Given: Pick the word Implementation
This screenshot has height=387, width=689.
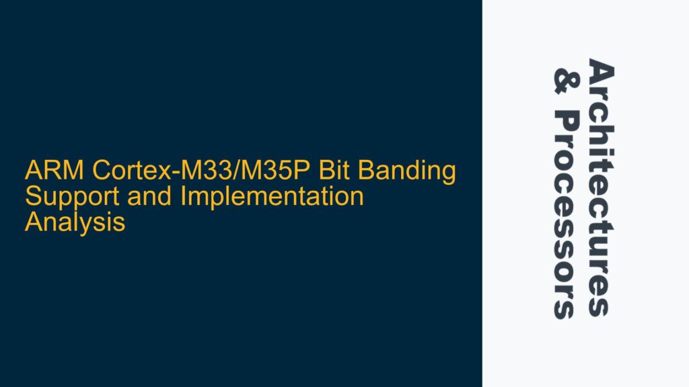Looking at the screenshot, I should pos(260,198).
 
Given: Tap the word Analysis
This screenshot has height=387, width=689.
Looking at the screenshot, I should pos(75,222).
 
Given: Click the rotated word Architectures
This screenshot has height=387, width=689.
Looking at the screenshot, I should pos(600,187).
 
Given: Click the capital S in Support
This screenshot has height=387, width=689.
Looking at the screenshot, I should pos(32,198).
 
